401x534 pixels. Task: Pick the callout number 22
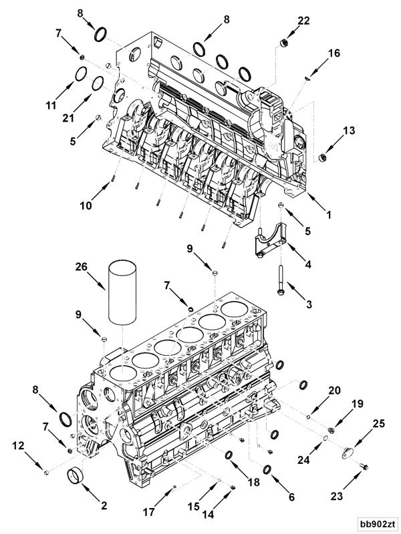click(x=303, y=21)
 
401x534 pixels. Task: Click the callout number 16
click(x=333, y=52)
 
